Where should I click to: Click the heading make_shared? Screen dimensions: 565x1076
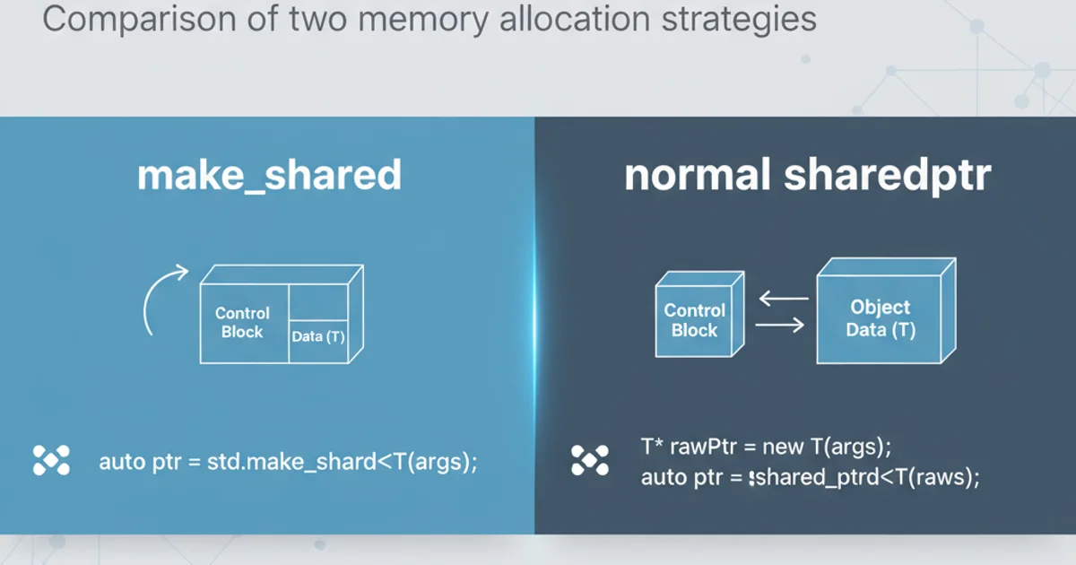(269, 176)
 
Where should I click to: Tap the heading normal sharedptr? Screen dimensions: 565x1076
(807, 176)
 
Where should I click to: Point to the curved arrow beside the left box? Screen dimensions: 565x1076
(161, 300)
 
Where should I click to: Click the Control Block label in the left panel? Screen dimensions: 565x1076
(242, 323)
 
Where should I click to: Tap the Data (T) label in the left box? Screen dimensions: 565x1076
(318, 337)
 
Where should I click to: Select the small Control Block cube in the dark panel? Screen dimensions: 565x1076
(697, 320)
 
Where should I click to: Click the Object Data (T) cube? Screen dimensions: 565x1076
(881, 316)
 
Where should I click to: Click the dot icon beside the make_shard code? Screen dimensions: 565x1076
(51, 460)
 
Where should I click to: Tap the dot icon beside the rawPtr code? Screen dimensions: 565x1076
(589, 460)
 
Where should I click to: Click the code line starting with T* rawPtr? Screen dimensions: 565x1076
(766, 447)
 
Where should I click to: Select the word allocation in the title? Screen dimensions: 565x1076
(561, 20)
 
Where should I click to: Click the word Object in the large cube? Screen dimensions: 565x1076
(880, 308)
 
